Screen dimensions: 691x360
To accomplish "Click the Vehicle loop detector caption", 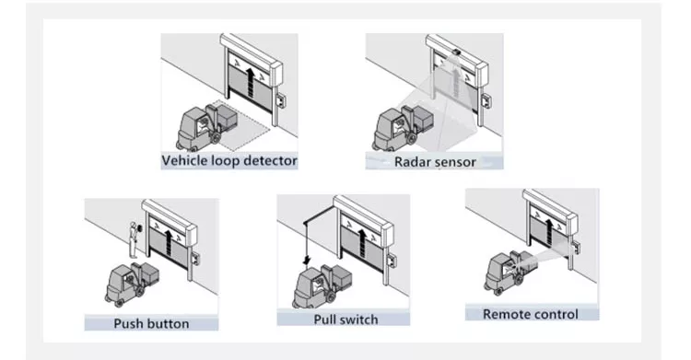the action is click(229, 160).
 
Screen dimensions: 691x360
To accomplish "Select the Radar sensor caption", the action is click(435, 162).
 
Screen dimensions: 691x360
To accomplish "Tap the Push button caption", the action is click(151, 323).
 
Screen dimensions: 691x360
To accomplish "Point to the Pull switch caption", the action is click(345, 319).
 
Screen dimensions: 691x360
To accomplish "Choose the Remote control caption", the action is click(531, 314).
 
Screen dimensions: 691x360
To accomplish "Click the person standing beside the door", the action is click(133, 240).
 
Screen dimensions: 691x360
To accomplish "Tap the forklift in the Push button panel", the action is click(132, 283).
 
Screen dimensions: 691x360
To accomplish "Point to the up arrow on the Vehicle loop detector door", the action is click(251, 82).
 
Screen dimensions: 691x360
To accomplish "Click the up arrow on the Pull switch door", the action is click(362, 244).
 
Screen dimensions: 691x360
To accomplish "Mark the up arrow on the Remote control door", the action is click(548, 232).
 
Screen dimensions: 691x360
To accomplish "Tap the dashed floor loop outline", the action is click(240, 125).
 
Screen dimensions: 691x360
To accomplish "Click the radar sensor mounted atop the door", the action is click(455, 52).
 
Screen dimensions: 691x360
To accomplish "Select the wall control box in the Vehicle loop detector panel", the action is click(280, 102).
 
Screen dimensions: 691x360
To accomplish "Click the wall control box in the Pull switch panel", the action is click(391, 260).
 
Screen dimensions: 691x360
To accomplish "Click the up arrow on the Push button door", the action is click(169, 241).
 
